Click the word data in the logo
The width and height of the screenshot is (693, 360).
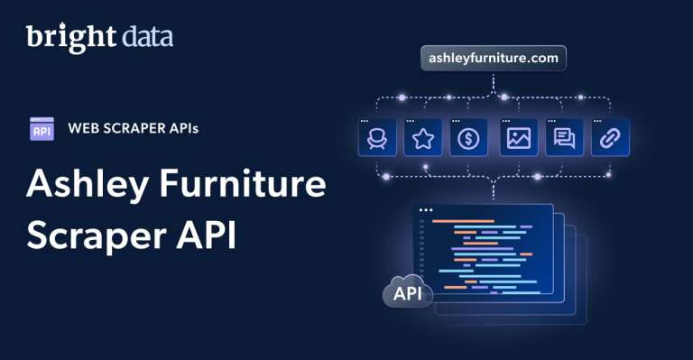[147, 37]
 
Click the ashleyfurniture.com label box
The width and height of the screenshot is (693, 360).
[494, 60]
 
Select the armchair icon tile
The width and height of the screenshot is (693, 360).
[376, 137]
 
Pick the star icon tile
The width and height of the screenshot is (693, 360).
[422, 137]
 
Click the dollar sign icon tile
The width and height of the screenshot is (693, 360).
[468, 137]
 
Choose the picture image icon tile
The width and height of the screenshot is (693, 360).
[518, 137]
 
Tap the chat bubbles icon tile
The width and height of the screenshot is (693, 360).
[565, 137]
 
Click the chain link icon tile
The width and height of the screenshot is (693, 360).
[610, 137]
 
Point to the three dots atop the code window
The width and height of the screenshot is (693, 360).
[427, 210]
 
